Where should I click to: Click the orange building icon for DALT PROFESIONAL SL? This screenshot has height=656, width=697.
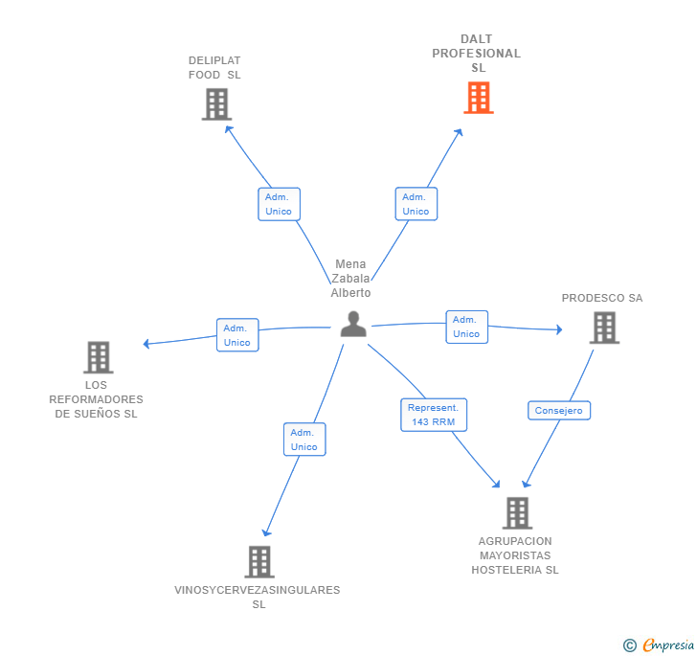479,98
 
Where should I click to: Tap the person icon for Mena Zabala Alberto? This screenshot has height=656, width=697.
353,325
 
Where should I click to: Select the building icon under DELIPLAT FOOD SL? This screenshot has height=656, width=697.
217,104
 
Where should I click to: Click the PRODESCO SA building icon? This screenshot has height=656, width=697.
604,328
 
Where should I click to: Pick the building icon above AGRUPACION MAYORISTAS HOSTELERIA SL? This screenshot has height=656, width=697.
517,513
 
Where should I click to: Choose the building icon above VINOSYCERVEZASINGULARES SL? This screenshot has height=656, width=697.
259,562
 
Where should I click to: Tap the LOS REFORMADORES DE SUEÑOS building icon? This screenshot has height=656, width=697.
99,357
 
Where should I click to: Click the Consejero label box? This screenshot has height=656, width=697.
559,411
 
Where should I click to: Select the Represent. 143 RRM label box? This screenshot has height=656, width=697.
434,415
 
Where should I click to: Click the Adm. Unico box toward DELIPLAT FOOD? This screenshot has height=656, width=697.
280,204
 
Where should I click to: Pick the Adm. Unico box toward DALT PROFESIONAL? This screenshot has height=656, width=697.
416,204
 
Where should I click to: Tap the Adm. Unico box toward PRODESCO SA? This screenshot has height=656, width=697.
467,327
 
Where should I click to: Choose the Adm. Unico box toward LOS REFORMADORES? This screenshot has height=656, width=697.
237,335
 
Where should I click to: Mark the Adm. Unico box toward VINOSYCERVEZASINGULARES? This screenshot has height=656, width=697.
304,440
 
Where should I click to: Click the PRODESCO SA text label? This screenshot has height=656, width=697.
602,298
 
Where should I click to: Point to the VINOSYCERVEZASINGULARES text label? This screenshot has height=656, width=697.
258,590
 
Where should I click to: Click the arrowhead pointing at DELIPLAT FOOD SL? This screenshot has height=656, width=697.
228,129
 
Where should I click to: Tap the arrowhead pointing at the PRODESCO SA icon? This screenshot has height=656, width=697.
560,329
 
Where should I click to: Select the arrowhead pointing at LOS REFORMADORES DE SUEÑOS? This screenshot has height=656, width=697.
146,344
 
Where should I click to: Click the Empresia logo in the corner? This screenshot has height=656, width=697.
659,645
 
